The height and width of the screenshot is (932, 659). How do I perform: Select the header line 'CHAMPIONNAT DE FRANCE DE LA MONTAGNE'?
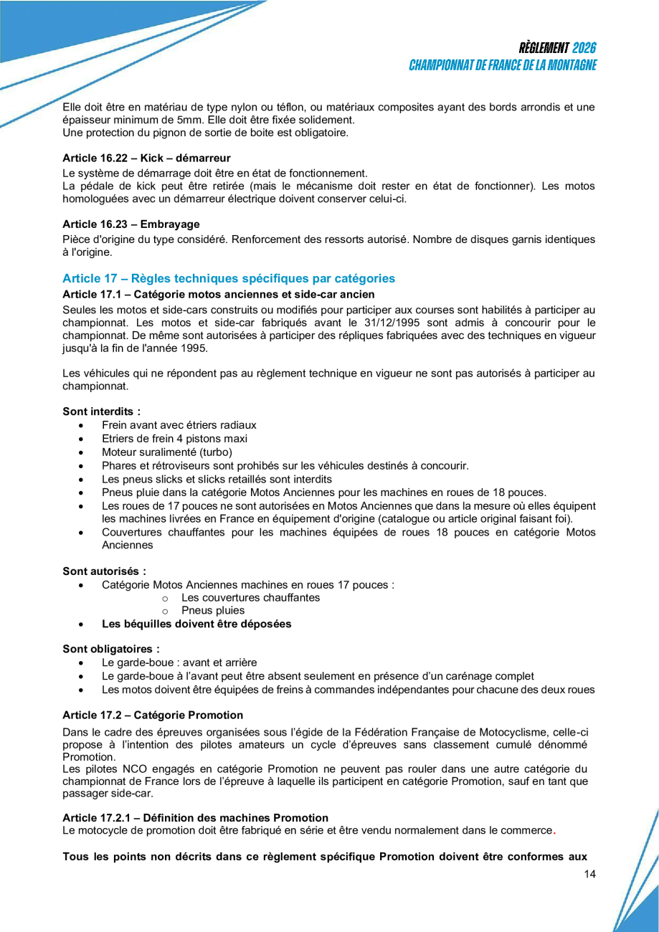pyautogui.click(x=503, y=65)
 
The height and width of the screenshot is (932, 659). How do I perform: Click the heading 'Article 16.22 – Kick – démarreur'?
pyautogui.click(x=146, y=157)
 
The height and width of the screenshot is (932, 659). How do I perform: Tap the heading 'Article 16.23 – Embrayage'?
pyautogui.click(x=131, y=224)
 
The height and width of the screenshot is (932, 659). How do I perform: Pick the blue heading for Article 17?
pyautogui.click(x=229, y=278)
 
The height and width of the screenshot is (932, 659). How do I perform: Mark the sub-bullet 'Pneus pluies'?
pyautogui.click(x=213, y=611)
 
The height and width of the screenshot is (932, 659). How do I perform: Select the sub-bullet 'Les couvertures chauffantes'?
pyautogui.click(x=251, y=598)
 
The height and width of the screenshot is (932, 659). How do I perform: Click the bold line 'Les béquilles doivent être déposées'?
pyautogui.click(x=196, y=624)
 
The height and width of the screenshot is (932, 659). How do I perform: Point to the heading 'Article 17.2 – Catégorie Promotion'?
pyautogui.click(x=153, y=715)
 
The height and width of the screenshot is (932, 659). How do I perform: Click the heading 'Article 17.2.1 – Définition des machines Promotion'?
pyautogui.click(x=195, y=818)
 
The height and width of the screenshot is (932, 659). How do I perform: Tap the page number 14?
pyautogui.click(x=590, y=874)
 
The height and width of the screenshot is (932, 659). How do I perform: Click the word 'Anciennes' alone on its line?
pyautogui.click(x=128, y=545)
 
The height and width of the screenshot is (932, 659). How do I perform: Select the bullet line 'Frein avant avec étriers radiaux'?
pyautogui.click(x=179, y=425)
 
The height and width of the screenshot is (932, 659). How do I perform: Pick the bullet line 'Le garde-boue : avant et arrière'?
pyautogui.click(x=179, y=662)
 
